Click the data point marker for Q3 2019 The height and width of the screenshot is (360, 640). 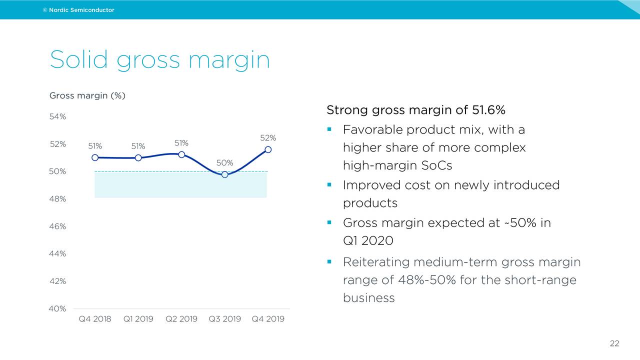(x=225, y=174)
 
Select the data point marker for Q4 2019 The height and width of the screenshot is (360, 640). (x=268, y=149)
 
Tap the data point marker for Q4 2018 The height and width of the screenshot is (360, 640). (x=95, y=157)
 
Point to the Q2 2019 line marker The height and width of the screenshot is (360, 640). (x=181, y=154)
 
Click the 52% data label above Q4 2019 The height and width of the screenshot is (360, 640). (x=268, y=137)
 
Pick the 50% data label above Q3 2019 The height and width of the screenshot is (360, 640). (x=225, y=162)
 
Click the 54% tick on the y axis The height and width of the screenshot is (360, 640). (x=57, y=117)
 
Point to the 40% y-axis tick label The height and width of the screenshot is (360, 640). (x=57, y=308)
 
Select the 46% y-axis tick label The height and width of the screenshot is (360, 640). (x=57, y=226)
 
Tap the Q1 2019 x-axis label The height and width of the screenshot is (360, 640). (x=138, y=319)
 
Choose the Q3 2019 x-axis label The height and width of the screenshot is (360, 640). (x=225, y=319)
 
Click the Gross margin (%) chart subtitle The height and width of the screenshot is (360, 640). (x=87, y=95)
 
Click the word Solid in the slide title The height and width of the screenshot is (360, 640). (x=78, y=60)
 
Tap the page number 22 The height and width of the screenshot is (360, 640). (x=614, y=343)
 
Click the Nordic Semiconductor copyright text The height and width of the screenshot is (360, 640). (x=78, y=10)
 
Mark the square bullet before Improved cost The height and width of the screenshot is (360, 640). (x=329, y=184)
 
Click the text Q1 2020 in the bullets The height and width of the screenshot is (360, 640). (x=368, y=240)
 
